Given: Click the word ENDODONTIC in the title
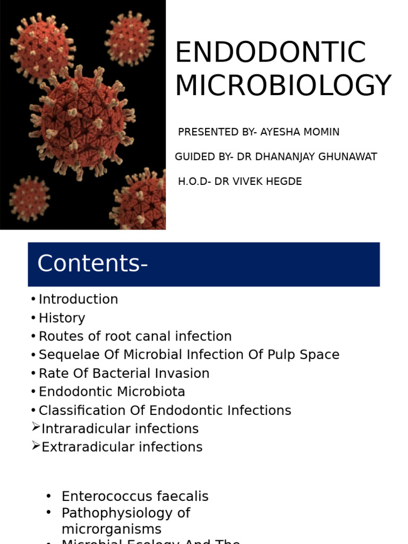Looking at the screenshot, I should pyautogui.click(x=270, y=53).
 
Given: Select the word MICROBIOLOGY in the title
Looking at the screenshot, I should pyautogui.click(x=283, y=86).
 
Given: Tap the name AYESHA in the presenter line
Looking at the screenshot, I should pyautogui.click(x=280, y=132).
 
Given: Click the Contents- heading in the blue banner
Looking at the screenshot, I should pyautogui.click(x=92, y=263).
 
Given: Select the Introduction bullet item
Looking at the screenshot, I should pyautogui.click(x=78, y=299).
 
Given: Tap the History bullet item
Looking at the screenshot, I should pyautogui.click(x=62, y=318).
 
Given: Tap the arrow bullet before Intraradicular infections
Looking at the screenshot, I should pyautogui.click(x=36, y=428).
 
